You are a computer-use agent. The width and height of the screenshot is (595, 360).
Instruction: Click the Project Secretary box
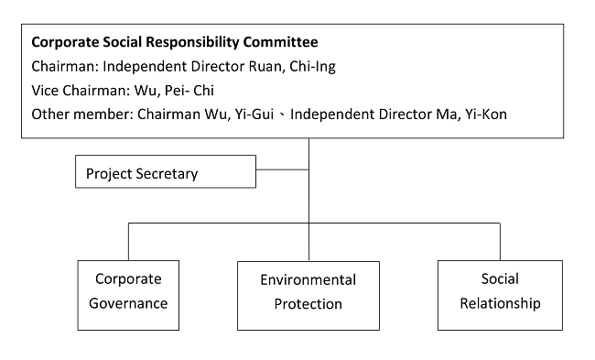coord(165,172)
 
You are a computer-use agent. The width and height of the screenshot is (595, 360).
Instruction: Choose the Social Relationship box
coord(499,292)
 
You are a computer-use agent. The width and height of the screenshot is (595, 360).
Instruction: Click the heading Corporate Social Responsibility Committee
coord(175,42)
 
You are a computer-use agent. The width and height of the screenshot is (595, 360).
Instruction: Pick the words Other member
coord(74,114)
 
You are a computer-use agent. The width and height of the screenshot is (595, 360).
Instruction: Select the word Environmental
coord(308,280)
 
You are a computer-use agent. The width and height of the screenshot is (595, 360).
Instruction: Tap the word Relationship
coord(499,303)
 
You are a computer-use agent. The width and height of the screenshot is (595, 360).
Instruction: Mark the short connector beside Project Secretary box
coord(282,169)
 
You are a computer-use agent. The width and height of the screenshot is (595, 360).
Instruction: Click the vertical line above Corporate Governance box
coord(128,242)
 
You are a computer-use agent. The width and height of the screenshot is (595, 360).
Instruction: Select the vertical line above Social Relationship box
coord(500,242)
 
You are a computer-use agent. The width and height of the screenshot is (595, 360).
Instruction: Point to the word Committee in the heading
coord(282,42)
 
